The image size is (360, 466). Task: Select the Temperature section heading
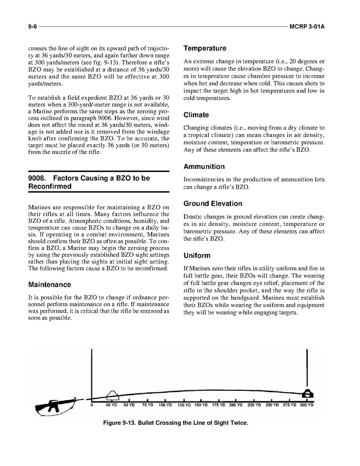point(204,48)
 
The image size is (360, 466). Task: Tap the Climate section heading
point(196,115)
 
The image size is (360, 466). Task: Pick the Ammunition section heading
point(204,166)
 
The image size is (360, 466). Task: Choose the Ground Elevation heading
point(213,203)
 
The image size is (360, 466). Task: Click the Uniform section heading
point(197,256)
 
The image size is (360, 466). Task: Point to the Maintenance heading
point(50,285)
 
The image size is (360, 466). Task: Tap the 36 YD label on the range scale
point(112,405)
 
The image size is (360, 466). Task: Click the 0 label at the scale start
point(92,405)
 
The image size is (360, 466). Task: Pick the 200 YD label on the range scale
point(236,405)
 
